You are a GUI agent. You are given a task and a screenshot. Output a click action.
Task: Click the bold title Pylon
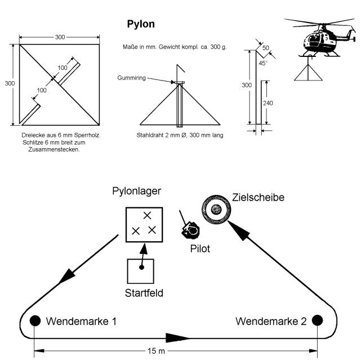coord(141,24)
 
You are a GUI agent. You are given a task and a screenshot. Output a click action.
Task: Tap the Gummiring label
coord(132,77)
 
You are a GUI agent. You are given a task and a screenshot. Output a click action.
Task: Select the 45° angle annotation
coord(262,63)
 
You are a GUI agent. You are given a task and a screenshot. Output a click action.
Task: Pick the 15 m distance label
coord(157,352)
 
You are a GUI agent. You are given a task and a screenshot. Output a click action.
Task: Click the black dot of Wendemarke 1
coord(35,321)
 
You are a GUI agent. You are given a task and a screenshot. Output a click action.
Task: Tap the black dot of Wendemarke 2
coord(317,321)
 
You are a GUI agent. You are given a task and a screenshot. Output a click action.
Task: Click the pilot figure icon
coord(191,229)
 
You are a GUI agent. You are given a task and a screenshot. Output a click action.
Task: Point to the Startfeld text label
coord(143,292)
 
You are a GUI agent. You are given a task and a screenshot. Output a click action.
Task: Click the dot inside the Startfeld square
coord(141,266)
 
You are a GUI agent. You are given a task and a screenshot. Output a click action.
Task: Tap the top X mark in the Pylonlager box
coord(148,215)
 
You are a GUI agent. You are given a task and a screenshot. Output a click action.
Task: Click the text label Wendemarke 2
coord(271,321)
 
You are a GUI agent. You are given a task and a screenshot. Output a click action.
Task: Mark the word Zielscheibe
coord(258,198)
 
